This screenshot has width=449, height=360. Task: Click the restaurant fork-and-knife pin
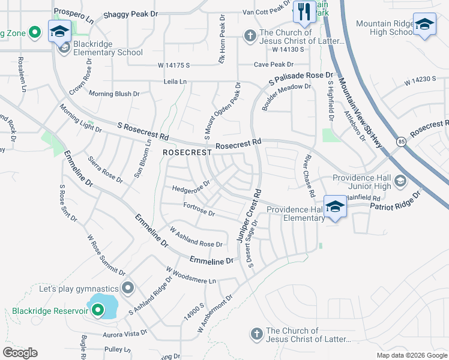(x=304, y=12)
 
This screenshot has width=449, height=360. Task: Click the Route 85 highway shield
(x=400, y=141)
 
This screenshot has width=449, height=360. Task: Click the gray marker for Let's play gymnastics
(x=127, y=289)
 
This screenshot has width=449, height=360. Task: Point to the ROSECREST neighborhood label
(x=187, y=153)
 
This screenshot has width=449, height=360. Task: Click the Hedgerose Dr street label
(x=191, y=186)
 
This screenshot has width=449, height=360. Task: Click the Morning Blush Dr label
(x=113, y=94)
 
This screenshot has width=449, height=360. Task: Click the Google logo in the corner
(x=20, y=353)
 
